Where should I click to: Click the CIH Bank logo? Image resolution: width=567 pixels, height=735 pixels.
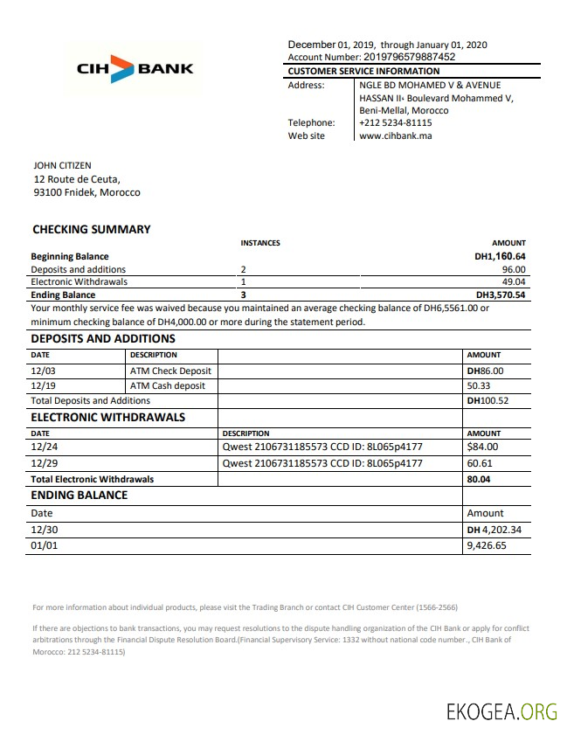point(134,68)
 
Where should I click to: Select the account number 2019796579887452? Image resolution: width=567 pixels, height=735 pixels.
point(396,57)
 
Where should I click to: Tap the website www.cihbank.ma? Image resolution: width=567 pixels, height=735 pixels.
point(397,135)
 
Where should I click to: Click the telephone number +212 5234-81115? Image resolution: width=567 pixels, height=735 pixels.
point(396,123)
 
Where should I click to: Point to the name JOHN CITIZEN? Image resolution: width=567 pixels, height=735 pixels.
point(62,165)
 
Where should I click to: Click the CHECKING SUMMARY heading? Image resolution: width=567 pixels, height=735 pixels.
point(92,230)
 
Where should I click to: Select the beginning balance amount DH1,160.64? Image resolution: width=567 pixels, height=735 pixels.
point(500,257)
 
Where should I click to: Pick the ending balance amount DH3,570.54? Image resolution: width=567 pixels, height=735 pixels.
point(500,295)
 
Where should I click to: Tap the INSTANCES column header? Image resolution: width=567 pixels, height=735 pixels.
point(259,243)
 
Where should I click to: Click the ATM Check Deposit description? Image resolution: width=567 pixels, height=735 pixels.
point(170,371)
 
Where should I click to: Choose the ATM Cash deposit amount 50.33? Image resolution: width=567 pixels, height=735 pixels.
point(479,385)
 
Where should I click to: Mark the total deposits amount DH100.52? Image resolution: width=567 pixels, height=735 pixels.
point(487,400)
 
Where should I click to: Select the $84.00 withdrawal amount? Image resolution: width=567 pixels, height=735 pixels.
point(482,448)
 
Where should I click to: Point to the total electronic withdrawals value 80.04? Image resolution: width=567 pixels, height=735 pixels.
point(479,479)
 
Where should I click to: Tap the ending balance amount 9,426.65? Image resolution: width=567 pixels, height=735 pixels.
point(487,545)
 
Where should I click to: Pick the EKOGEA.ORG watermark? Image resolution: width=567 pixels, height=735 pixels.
point(501,711)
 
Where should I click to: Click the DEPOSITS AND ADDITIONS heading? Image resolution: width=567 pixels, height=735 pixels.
point(103,339)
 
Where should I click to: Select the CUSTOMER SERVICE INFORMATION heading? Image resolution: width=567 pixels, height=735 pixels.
point(363,71)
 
